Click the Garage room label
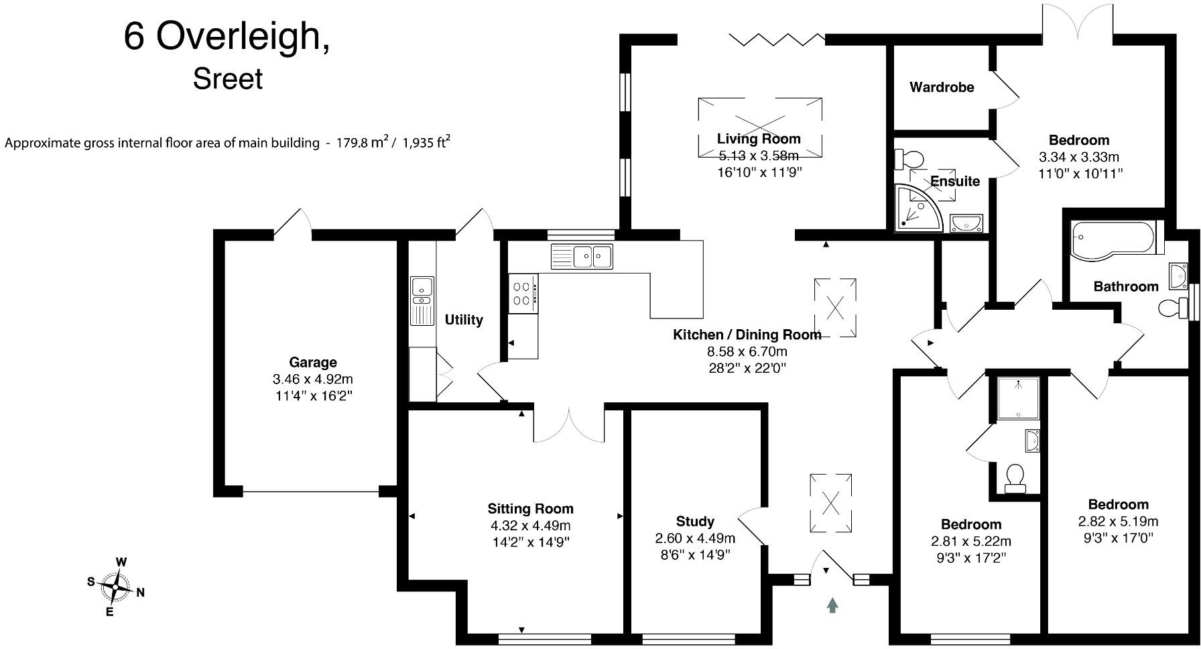(312, 363)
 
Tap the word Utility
(464, 320)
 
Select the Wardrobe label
(942, 87)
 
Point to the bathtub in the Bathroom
(1113, 240)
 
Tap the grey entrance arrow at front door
(832, 605)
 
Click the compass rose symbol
(117, 587)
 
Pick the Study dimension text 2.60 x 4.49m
(695, 538)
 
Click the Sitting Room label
(530, 509)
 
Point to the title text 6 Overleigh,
(227, 37)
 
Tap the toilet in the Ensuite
(909, 159)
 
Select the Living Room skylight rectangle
(759, 127)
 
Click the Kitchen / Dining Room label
(747, 335)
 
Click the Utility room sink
(422, 286)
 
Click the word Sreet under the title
(228, 79)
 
